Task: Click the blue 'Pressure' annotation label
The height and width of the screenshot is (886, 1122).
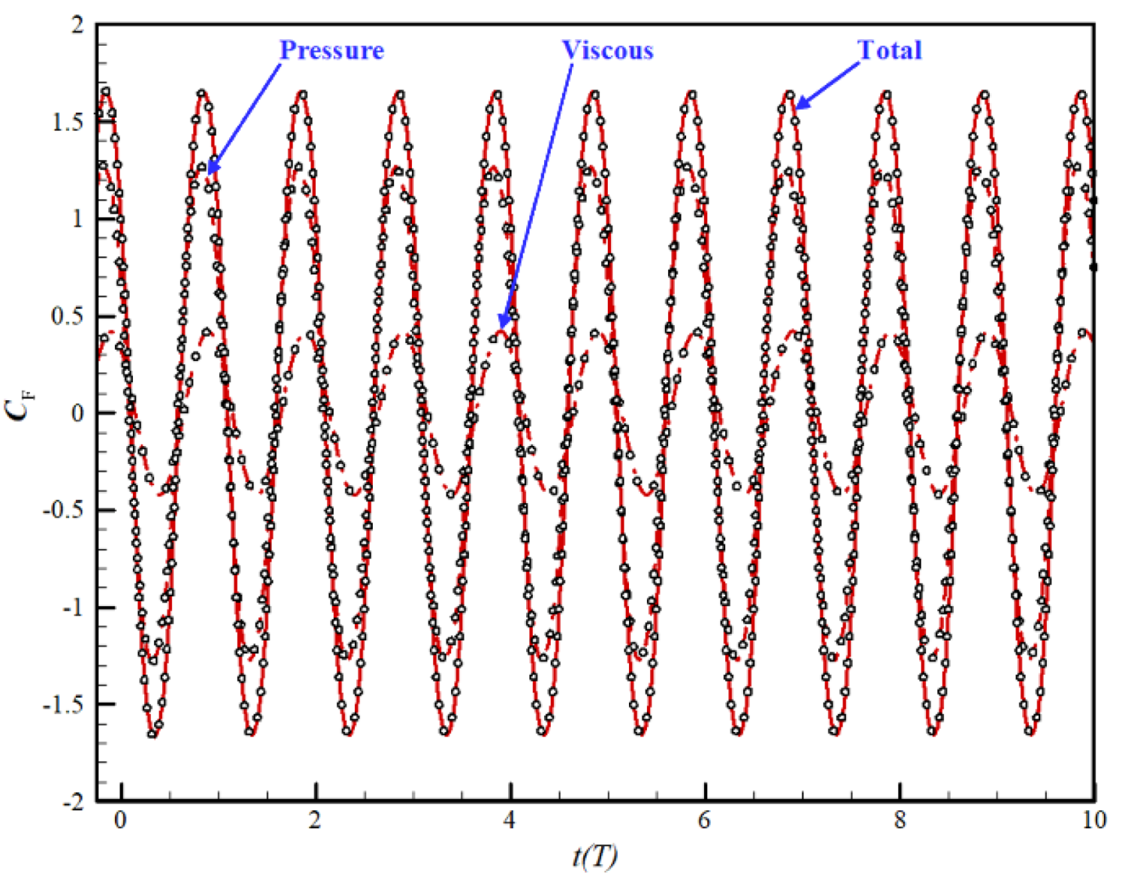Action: pyautogui.click(x=331, y=50)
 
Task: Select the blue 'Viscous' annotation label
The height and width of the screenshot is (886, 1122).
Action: pyautogui.click(x=607, y=50)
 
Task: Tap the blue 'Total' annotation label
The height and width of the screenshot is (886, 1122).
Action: pyautogui.click(x=889, y=50)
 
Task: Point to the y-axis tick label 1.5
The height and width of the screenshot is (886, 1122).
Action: pyautogui.click(x=67, y=123)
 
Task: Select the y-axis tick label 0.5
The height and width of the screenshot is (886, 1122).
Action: pyautogui.click(x=67, y=317)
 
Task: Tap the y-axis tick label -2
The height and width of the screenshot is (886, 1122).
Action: pyautogui.click(x=74, y=802)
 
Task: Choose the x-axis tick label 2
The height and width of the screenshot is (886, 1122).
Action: pyautogui.click(x=315, y=820)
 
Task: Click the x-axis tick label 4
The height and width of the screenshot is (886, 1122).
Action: pyautogui.click(x=510, y=820)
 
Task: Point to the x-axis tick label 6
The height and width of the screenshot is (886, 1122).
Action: pyautogui.click(x=704, y=820)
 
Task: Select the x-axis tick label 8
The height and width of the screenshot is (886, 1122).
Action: pyautogui.click(x=900, y=820)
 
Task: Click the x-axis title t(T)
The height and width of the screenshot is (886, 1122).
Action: pyautogui.click(x=594, y=856)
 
